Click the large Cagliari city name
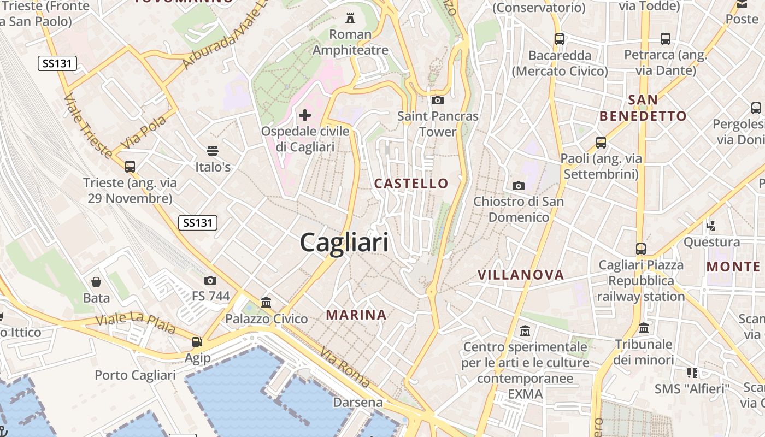[x=344, y=243]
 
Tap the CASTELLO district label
[x=411, y=184]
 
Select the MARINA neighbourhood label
[x=356, y=315]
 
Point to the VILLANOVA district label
[x=521, y=275]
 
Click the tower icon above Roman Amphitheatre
[x=350, y=18]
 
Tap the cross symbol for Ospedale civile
[x=305, y=115]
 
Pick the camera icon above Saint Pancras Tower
[x=437, y=100]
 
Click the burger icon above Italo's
[x=213, y=151]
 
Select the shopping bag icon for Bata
[x=96, y=282]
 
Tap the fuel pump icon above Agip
[x=197, y=342]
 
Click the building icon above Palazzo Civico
[x=266, y=302]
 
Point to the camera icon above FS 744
[x=210, y=281]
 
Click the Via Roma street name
[x=345, y=367]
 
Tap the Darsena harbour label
[x=358, y=403]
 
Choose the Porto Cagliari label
[x=135, y=375]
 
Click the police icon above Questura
[x=711, y=225]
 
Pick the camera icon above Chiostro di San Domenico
[x=519, y=186]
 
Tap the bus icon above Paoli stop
[x=601, y=143]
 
